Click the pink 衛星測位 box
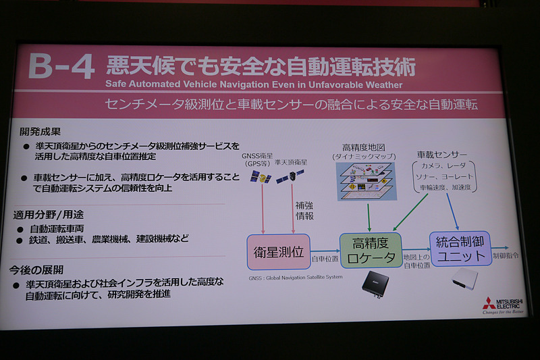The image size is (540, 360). coord(279,252)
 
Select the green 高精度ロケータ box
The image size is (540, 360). coord(370,251)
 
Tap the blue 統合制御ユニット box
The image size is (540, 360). coord(460,249)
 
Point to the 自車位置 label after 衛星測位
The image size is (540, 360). coord(324,258)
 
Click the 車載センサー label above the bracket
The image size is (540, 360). coord(442,155)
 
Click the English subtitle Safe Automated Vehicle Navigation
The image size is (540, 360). coord(254,85)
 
